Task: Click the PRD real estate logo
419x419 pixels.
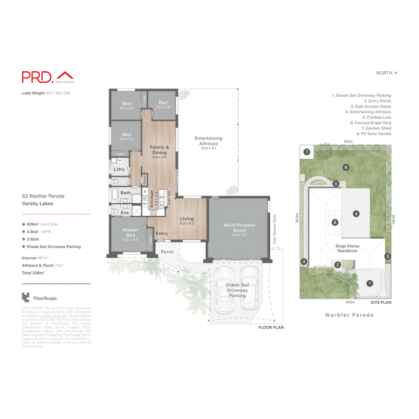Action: [x=46, y=77]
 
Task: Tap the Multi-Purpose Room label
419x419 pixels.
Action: [x=239, y=227]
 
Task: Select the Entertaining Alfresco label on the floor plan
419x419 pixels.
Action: [x=208, y=141]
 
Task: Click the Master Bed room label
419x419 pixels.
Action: [x=130, y=233]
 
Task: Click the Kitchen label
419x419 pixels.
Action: [x=152, y=200]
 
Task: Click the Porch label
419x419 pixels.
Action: [x=167, y=252]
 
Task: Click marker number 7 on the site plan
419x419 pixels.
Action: [x=307, y=152]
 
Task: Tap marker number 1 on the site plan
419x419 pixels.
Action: [x=370, y=283]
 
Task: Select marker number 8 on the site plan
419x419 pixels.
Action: [x=335, y=222]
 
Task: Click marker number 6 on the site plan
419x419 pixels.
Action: [x=346, y=167]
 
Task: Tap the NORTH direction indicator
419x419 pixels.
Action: [x=387, y=73]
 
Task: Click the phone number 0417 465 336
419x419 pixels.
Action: [x=58, y=93]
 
